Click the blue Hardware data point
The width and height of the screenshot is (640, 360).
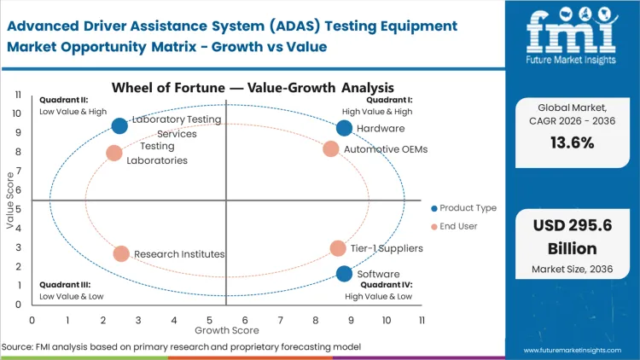[x=344, y=128]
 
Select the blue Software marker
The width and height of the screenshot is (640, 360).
[x=344, y=274]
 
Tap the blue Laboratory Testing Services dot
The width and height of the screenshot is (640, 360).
[x=119, y=126]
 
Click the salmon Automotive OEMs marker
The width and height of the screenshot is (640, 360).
[x=331, y=149]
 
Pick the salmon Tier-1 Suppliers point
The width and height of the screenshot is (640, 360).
[x=338, y=248]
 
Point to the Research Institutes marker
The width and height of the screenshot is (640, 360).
[x=121, y=254]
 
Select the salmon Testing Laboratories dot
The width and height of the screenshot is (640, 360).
[x=114, y=154]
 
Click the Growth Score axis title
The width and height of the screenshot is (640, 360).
[x=226, y=329]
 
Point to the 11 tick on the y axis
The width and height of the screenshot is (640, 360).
[x=18, y=95]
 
